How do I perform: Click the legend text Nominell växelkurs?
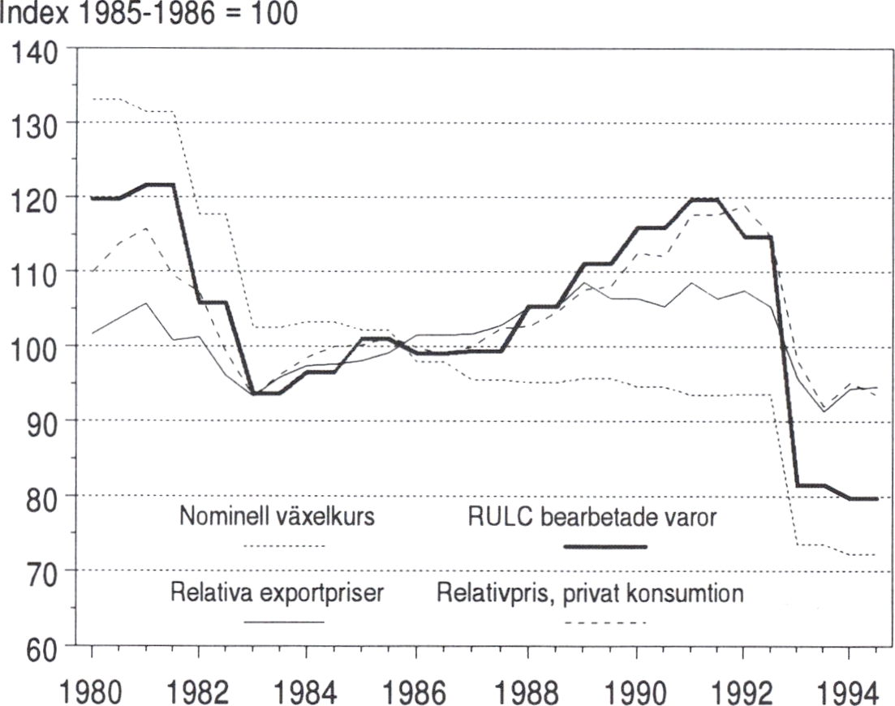point(277,518)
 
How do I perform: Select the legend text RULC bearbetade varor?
point(592,518)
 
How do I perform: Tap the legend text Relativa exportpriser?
point(277,593)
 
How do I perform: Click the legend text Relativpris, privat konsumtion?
point(590,593)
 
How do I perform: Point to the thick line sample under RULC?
point(605,547)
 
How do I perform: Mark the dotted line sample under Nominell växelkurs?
point(284,547)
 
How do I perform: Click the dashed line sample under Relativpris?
point(605,623)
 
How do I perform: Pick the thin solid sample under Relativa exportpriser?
point(284,623)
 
